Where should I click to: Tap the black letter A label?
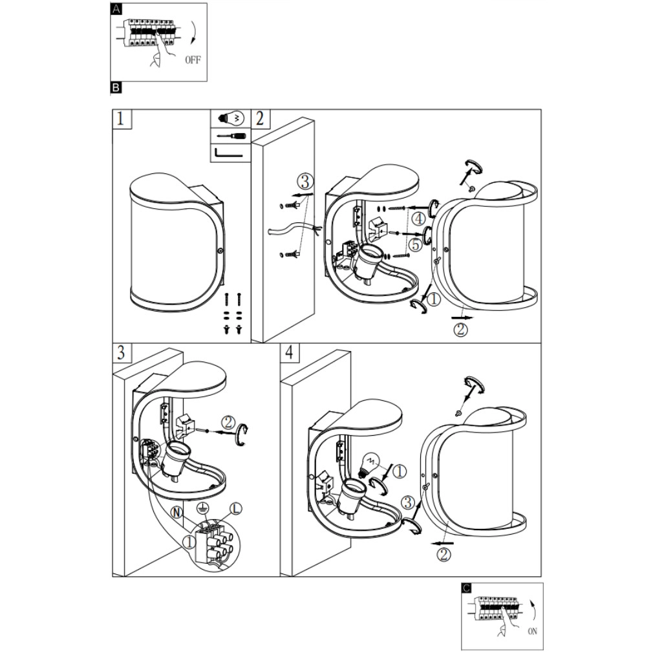click(116, 8)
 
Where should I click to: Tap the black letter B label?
click(116, 87)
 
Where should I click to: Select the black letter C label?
click(467, 588)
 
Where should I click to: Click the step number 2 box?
click(260, 118)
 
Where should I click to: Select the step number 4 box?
click(290, 353)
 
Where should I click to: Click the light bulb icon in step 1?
click(230, 118)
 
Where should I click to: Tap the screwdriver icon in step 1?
click(230, 136)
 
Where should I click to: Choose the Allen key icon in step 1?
click(230, 153)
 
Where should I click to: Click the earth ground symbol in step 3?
click(206, 507)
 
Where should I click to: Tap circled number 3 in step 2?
click(306, 181)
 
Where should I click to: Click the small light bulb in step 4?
click(371, 462)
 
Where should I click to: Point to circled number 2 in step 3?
click(228, 422)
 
